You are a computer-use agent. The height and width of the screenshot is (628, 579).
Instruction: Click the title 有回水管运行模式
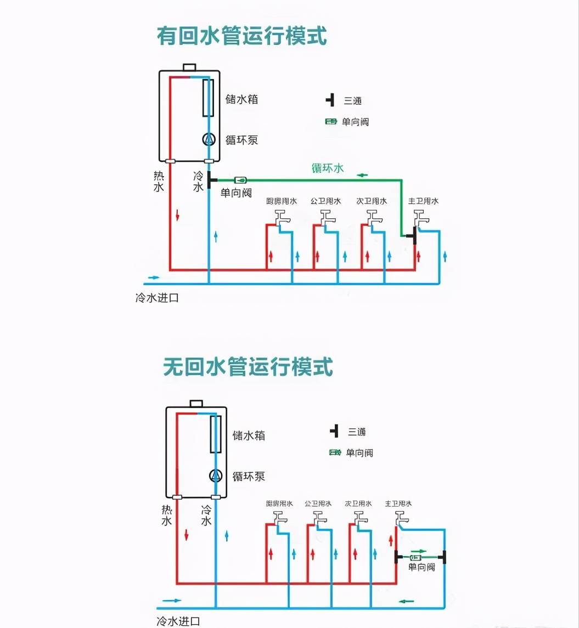242,37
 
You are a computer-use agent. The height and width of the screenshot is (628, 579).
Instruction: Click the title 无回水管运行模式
248,367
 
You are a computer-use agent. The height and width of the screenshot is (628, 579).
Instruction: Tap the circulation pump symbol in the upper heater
209,139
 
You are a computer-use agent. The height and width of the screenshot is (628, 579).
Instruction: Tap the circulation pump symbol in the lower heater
216,476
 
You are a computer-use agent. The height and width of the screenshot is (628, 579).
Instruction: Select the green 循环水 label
327,168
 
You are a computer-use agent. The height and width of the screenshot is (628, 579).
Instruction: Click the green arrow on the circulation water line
362,176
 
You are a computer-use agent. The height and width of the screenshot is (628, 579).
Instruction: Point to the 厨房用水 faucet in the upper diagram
282,217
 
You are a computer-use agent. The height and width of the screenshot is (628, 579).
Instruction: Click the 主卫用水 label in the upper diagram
423,201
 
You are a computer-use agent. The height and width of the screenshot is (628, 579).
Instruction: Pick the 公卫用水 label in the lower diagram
318,503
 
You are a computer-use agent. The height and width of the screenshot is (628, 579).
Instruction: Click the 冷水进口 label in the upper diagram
157,298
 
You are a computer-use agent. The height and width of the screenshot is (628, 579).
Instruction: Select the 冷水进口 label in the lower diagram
178,621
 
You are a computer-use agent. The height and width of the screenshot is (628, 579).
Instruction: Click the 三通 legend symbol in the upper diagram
330,100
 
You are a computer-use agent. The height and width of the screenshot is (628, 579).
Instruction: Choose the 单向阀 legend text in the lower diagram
359,453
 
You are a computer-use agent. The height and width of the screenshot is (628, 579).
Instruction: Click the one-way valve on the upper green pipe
240,180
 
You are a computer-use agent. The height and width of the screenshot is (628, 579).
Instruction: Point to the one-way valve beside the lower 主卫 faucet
415,558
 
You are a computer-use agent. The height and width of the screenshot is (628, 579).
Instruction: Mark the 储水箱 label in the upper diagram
241,100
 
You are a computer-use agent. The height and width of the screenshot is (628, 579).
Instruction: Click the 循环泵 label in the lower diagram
249,476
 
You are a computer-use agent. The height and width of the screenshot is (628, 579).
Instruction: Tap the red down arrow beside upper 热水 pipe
178,215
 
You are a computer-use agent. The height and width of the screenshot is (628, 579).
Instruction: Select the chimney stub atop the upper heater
189,67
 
